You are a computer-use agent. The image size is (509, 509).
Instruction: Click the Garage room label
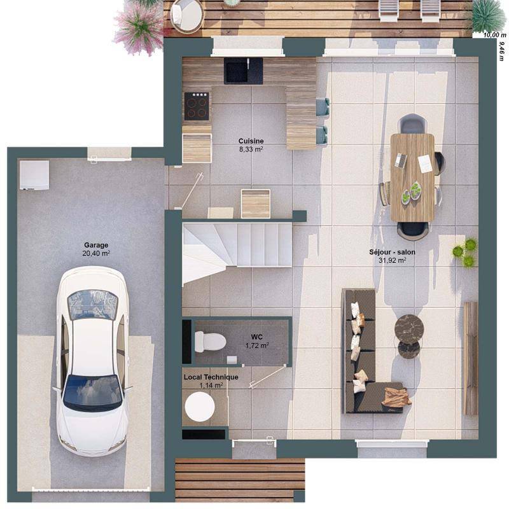(96, 244)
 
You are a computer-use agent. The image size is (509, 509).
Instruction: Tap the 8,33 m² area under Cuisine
(251, 150)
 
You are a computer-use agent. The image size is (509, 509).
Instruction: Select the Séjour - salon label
(392, 252)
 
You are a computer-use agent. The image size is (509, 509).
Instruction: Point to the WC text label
(256, 337)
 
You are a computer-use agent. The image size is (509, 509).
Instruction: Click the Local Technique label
(211, 377)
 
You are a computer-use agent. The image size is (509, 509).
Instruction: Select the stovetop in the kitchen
(197, 106)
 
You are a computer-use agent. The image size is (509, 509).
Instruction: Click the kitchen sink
(243, 70)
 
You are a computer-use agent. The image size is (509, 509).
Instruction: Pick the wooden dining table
(412, 177)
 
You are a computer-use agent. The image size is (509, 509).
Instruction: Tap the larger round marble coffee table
(408, 328)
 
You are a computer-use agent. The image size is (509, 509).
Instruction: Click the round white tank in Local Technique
(199, 406)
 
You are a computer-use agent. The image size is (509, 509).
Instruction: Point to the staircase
(237, 245)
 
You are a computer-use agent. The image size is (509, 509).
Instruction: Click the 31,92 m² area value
(392, 260)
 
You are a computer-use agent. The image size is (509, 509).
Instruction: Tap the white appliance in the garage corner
(34, 175)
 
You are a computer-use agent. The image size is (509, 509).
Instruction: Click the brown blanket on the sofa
(396, 397)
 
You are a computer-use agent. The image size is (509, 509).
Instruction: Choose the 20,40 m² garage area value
(96, 253)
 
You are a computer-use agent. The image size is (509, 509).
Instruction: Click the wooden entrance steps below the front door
(239, 480)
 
